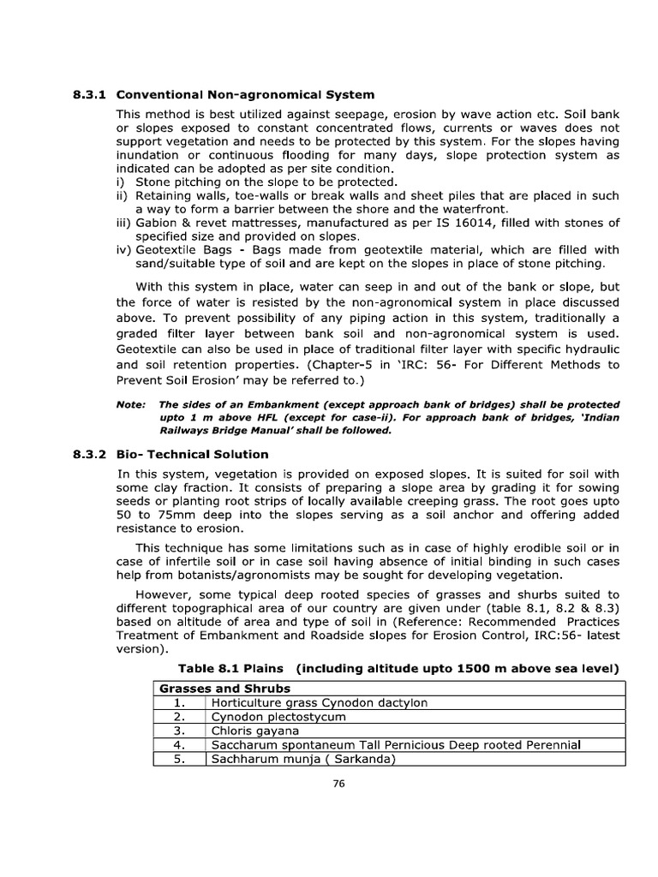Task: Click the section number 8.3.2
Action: pos(90,454)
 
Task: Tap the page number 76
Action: pos(338,789)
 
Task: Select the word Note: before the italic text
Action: pos(131,404)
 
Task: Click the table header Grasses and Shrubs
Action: pos(223,689)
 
